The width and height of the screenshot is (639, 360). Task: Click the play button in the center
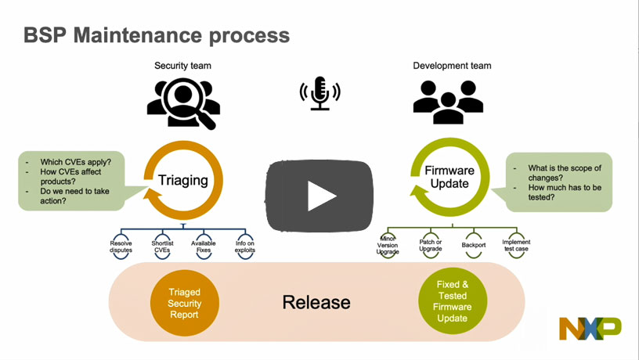tap(319, 196)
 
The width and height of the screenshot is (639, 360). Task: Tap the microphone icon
tap(319, 93)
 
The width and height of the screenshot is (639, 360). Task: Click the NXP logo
tap(590, 327)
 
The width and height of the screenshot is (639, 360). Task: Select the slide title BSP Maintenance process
tap(157, 35)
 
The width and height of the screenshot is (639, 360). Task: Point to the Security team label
tap(182, 66)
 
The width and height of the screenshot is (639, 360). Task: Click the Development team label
tap(452, 66)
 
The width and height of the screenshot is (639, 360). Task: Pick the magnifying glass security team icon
tap(182, 102)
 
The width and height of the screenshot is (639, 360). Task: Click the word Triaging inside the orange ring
tap(183, 180)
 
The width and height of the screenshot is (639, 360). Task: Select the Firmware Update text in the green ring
tap(450, 178)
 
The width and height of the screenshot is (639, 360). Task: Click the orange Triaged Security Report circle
tap(185, 303)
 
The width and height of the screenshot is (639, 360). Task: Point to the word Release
tap(316, 302)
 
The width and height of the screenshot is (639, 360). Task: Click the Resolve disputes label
tap(121, 247)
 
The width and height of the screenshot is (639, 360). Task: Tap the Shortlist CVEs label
tap(162, 247)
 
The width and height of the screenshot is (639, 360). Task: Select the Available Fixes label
tap(204, 247)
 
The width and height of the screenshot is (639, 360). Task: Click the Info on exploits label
tap(244, 247)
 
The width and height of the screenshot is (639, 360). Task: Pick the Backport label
tap(474, 245)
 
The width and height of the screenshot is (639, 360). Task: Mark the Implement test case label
tap(516, 246)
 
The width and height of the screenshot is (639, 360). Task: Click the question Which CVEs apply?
tap(76, 163)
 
